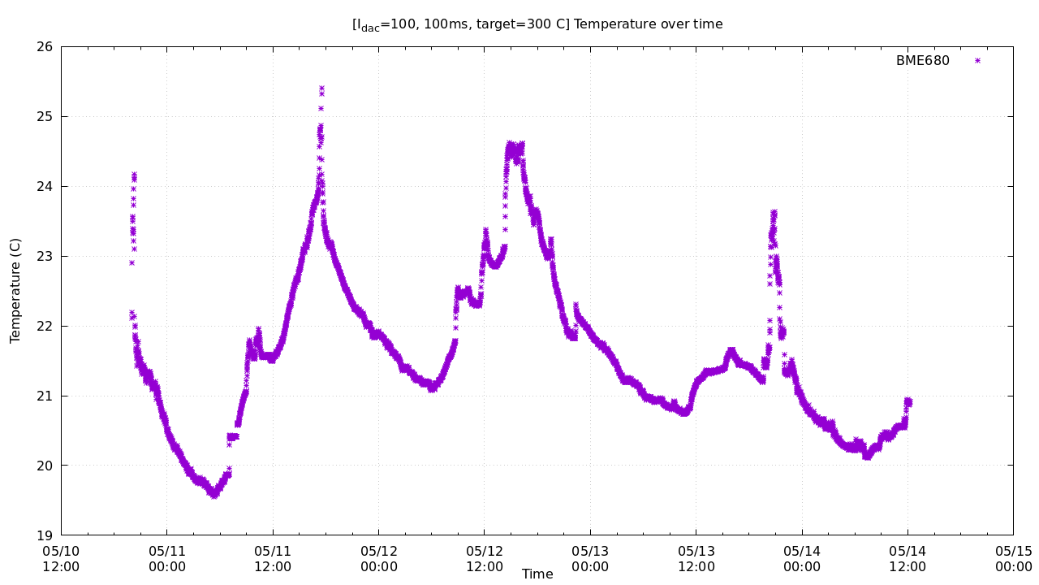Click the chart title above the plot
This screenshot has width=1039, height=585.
coord(537,24)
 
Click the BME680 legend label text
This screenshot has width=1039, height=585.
coord(922,61)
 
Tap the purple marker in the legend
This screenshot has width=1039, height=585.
coord(977,61)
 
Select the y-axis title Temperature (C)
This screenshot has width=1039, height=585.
coord(15,290)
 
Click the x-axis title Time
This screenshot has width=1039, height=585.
coord(537,574)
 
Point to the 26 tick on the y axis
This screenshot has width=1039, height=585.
coord(45,47)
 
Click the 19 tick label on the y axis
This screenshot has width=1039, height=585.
coord(45,535)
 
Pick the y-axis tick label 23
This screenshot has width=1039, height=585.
coord(45,256)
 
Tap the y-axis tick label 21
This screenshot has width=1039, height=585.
coord(45,396)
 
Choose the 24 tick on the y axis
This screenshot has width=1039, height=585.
coord(45,187)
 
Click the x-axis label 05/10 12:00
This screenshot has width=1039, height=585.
coord(61,559)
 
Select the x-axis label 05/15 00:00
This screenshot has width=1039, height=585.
coord(1013,559)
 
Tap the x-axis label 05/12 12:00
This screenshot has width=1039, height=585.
coord(484,559)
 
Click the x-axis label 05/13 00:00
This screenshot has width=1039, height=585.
coord(590,559)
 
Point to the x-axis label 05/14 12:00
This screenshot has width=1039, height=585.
coord(908,559)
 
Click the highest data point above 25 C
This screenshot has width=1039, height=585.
coord(321,88)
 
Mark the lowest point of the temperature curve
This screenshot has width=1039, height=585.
coord(213,495)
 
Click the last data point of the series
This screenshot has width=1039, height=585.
coord(909,401)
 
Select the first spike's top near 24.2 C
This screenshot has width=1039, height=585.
coord(134,174)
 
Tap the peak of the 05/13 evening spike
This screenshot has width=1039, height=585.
coord(774,212)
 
